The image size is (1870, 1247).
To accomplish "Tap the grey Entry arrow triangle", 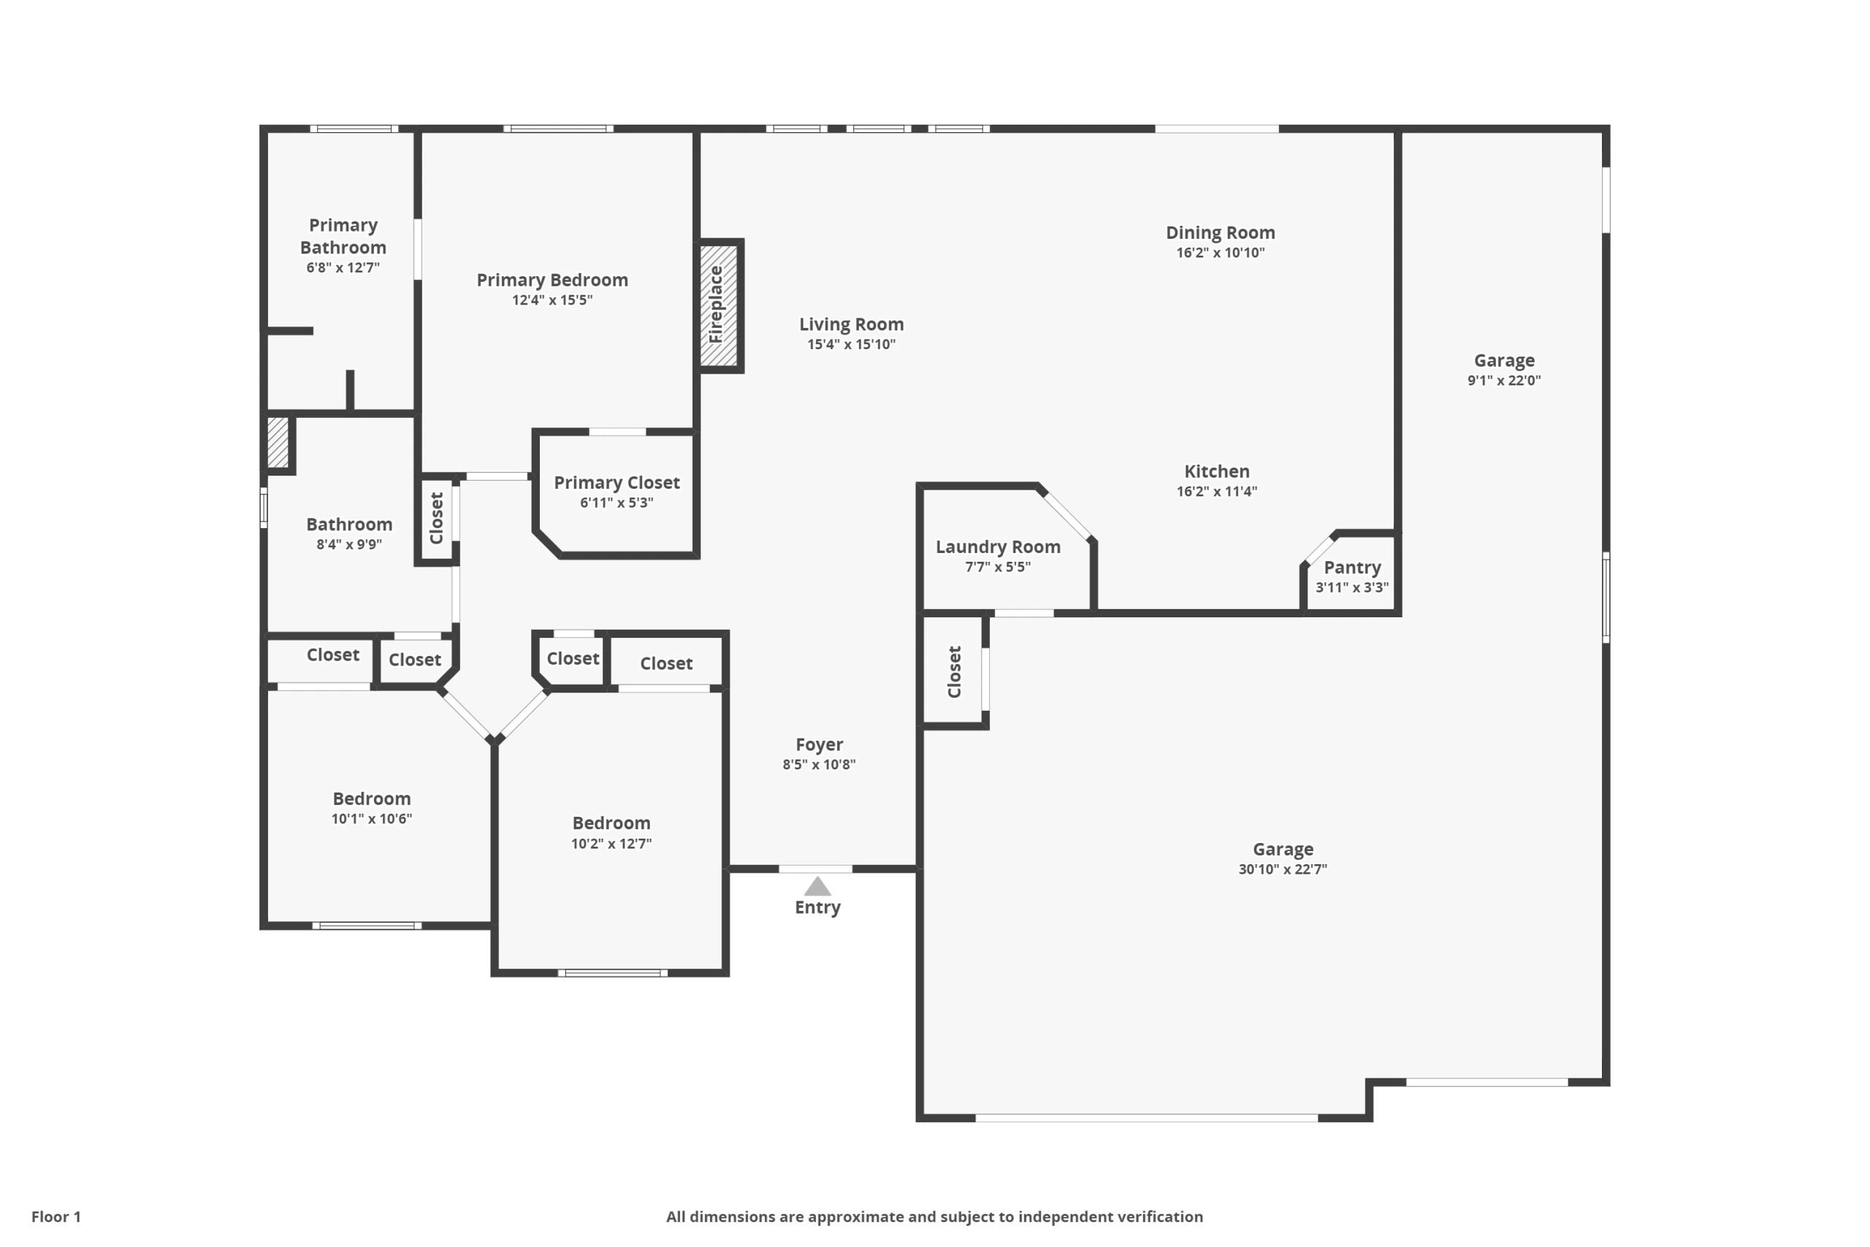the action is coord(817,886).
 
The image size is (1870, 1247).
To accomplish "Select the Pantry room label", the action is coord(1351,567).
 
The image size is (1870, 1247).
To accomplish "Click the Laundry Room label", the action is coord(998,546).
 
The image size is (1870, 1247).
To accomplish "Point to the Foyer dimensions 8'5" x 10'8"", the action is coord(819,764).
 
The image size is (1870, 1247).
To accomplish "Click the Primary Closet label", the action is coord(617,483).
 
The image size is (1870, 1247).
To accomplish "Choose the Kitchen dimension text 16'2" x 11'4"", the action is coord(1216,492).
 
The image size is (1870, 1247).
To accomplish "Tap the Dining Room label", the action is coord(1221,232).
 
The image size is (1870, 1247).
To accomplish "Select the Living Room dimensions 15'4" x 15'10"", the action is coord(852,344).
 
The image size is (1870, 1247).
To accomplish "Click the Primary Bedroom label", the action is coord(552,280).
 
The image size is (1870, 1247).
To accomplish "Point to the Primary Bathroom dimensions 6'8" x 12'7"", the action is coord(343,268).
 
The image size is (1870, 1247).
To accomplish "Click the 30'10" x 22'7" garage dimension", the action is coord(1283,869).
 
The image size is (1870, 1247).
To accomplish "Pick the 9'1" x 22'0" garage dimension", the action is coord(1504,380).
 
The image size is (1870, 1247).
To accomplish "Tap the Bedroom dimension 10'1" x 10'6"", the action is coord(372,818).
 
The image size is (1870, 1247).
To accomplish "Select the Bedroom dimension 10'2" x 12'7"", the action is coord(611,843).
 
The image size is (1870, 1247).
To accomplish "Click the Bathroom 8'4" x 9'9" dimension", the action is coord(349,544).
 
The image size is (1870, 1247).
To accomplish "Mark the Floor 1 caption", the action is coord(56,1217).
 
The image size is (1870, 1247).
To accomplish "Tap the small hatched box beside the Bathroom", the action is coord(278,443).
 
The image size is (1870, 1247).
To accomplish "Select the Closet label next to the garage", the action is coord(955,671).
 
